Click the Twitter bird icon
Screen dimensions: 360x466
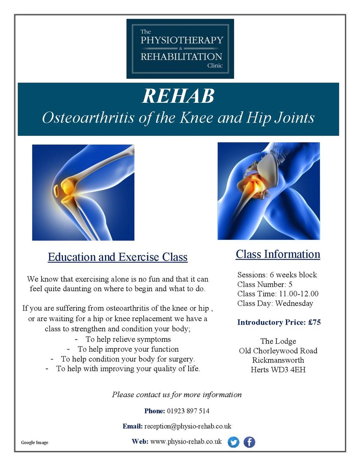(233, 442)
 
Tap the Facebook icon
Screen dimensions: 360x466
(249, 442)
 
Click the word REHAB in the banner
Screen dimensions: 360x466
(178, 96)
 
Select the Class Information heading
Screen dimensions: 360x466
(278, 254)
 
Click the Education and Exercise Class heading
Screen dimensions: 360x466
(118, 257)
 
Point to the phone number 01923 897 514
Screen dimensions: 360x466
(188, 411)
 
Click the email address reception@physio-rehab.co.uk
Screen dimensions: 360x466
(188, 426)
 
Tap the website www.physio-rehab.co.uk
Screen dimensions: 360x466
(186, 442)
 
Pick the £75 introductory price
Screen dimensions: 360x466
(314, 322)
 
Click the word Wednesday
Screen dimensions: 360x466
(294, 303)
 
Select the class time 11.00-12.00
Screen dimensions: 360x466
(299, 293)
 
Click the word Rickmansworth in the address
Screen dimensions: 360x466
(278, 360)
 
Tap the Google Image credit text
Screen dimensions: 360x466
(34, 442)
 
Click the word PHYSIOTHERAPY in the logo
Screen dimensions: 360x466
(182, 40)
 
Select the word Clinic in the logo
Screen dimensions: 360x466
(215, 65)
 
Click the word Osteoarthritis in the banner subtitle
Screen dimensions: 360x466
(88, 117)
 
